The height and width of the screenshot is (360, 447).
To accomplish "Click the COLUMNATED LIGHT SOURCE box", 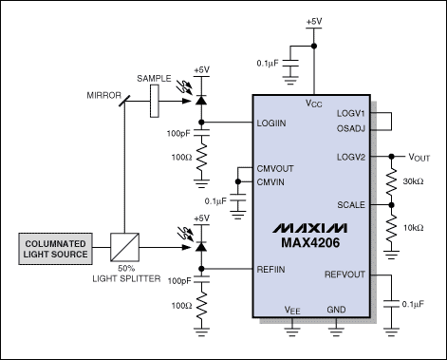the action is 55,249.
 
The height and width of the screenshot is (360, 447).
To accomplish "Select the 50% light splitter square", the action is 124,247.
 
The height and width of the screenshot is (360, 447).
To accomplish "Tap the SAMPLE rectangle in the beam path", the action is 155,102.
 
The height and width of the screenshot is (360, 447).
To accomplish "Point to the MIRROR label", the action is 104,95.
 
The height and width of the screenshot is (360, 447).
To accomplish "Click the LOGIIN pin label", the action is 271,123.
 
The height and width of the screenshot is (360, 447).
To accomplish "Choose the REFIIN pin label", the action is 270,270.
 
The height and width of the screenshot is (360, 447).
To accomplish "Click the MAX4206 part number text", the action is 310,243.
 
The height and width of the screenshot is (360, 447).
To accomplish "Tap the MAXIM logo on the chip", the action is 310,228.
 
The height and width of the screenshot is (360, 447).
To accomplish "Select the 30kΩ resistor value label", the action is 413,181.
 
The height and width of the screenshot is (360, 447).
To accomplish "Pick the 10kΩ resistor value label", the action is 413,228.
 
